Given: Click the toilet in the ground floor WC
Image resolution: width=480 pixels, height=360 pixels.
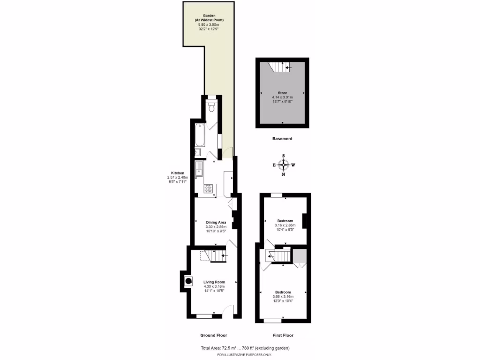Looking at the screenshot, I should pos(212,108).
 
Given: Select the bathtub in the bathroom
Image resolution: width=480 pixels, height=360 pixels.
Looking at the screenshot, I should pos(199,135).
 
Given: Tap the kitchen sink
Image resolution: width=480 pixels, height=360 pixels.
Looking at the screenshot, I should pos(200,170).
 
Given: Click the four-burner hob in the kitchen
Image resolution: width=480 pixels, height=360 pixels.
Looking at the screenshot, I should pos(208,188).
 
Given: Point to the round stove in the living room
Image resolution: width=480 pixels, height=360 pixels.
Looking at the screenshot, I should pos(188,281).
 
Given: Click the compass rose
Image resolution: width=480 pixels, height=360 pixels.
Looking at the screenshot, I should pos(283,165).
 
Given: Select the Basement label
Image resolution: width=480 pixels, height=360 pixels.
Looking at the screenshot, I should pos(282,139).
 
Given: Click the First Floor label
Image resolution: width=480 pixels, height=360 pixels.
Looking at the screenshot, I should pos(283,335).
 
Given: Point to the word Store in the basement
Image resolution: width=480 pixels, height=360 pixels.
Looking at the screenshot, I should pos(282,93).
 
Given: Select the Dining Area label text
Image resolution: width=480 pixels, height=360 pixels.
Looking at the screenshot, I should pos(216,222).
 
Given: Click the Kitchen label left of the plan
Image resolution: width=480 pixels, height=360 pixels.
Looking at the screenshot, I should pos(177,172).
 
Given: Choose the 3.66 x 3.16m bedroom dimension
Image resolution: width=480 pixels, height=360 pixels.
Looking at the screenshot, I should pos(284,297).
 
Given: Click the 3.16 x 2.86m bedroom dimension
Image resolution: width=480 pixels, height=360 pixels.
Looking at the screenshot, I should pos(285,225).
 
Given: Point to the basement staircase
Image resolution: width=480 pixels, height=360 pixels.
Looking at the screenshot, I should pos(280,68).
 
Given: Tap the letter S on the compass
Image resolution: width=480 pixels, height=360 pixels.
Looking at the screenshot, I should pos(283,156).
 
